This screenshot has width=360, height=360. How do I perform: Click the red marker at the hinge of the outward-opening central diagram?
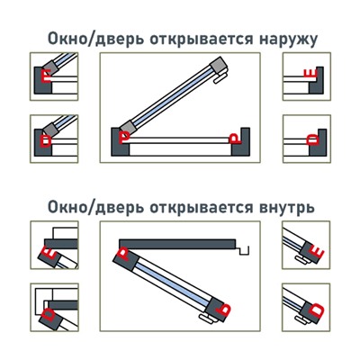coord(125,136)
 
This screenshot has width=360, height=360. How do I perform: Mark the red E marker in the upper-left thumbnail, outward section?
coord(46,76)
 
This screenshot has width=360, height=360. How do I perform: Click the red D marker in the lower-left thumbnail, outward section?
coord(46,140)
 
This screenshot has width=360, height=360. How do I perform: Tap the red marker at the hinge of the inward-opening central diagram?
coord(122,256)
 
